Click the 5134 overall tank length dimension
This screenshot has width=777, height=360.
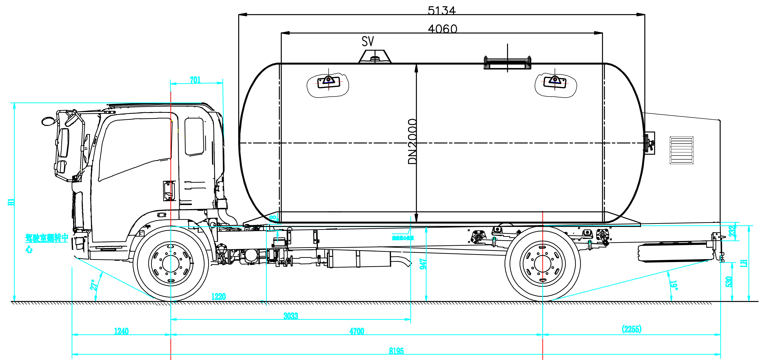tap(441, 11)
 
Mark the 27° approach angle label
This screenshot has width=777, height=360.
tap(94, 285)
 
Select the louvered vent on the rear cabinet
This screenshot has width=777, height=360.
tap(681, 150)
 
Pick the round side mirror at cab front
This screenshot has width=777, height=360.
tap(47, 121)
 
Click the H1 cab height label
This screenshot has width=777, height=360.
tap(11, 202)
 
